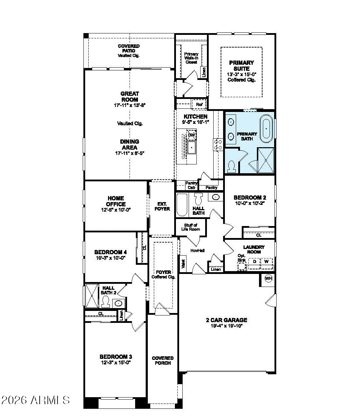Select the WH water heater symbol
(269, 279)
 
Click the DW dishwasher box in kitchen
(191, 135)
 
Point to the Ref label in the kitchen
(199, 105)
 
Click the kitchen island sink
(191, 148)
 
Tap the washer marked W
(266, 262)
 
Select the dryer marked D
(254, 262)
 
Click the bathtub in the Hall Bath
(182, 205)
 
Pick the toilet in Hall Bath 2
(105, 301)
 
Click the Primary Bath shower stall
(266, 160)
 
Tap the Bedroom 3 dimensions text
(115, 362)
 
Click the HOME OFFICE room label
(116, 201)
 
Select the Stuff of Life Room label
(190, 227)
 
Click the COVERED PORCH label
(163, 361)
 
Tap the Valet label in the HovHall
(183, 264)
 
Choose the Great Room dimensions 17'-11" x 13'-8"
(130, 105)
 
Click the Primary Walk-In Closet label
(191, 58)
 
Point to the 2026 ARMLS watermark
(35, 400)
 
